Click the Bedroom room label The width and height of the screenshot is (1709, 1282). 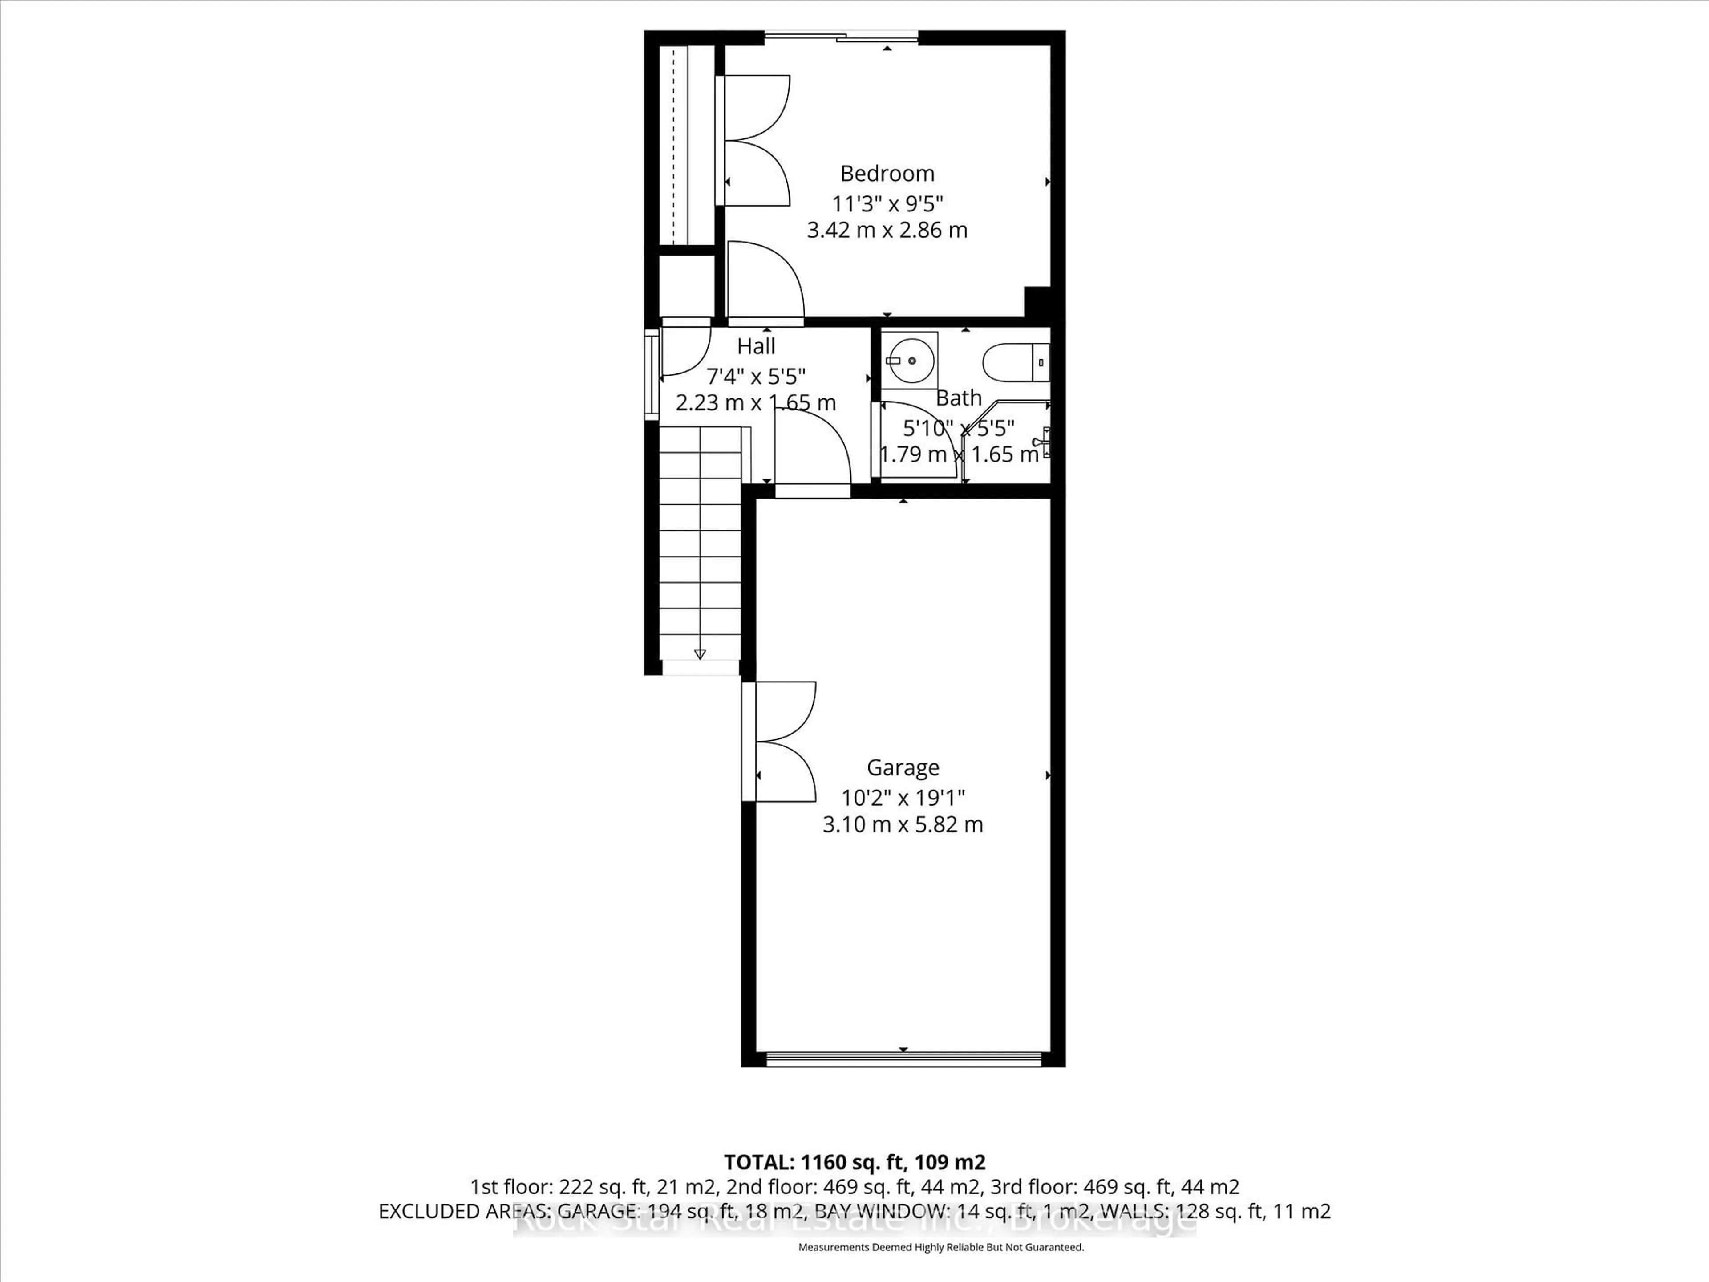pos(887,173)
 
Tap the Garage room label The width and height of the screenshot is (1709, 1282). pos(903,767)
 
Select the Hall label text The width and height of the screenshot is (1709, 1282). pos(756,346)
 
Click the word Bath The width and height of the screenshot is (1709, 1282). pos(959,398)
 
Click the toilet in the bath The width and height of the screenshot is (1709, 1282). pos(1014,361)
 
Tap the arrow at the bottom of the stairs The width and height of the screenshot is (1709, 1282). pos(700,654)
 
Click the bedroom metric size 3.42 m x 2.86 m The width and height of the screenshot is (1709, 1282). pos(887,230)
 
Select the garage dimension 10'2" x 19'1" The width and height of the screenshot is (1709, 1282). pos(903,797)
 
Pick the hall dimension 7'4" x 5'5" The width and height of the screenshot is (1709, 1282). pos(756,376)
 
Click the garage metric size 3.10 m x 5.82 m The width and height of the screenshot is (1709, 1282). pos(903,824)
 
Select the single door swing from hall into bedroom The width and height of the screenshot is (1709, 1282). pos(765,282)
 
